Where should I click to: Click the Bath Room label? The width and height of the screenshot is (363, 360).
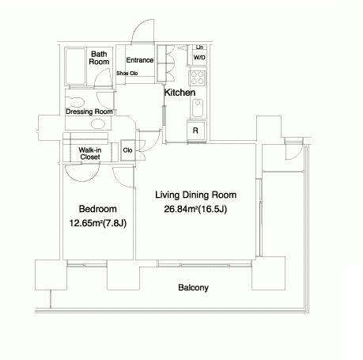(99, 58)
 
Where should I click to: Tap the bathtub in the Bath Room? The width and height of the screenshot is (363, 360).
(76, 66)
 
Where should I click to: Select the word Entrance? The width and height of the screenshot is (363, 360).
(140, 60)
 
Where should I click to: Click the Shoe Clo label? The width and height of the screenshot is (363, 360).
(127, 74)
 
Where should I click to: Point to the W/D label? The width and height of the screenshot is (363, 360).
(199, 57)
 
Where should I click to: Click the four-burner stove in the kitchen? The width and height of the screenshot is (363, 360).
(198, 78)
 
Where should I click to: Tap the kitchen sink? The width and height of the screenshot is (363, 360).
(198, 108)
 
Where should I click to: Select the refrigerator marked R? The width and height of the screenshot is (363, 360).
(196, 131)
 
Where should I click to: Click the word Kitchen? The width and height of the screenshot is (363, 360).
(180, 93)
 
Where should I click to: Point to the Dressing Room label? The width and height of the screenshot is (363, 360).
(89, 112)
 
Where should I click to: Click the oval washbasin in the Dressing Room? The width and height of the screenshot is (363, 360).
(98, 123)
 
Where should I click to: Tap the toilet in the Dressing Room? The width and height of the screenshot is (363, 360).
(75, 102)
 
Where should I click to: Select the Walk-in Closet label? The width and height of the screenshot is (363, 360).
(90, 153)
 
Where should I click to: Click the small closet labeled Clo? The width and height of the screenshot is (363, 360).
(128, 150)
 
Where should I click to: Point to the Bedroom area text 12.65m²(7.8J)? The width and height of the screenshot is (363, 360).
(98, 223)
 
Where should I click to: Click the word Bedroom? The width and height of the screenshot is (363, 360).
(98, 209)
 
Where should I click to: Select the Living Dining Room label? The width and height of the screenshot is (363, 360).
(195, 195)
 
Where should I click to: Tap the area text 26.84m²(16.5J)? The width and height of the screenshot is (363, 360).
(195, 209)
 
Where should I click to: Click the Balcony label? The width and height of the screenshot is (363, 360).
(193, 287)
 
